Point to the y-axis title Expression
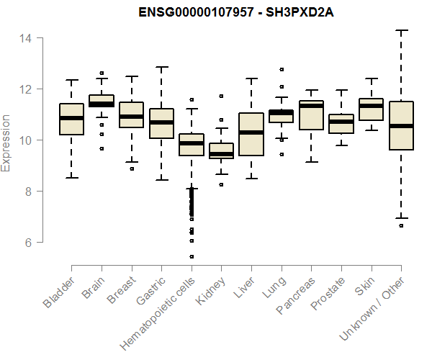pyautogui.click(x=6, y=143)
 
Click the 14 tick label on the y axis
pyautogui.click(x=27, y=37)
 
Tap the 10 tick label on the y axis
pyautogui.click(x=27, y=140)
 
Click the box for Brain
pyautogui.click(x=102, y=101)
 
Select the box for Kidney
pyautogui.click(x=221, y=150)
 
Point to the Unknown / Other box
pyautogui.click(x=401, y=125)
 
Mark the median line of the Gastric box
pyautogui.click(x=161, y=122)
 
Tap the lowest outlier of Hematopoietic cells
pyautogui.click(x=192, y=256)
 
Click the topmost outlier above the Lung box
pyautogui.click(x=282, y=70)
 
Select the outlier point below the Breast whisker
pyautogui.click(x=132, y=168)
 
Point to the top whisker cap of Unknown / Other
pyautogui.click(x=401, y=30)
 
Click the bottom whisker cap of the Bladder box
pyautogui.click(x=71, y=178)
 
